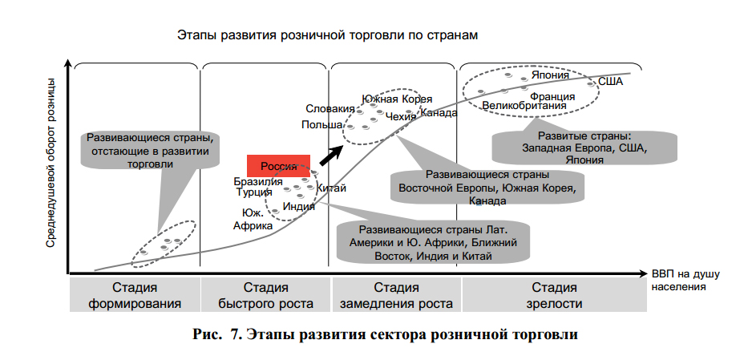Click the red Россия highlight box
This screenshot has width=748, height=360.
[278, 165]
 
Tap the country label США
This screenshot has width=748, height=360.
[610, 82]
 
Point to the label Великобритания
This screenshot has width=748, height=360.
[524, 105]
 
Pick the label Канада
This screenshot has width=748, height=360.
[439, 113]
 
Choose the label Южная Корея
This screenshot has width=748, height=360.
[397, 99]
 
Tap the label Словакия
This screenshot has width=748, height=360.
[330, 108]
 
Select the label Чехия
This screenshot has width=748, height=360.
[401, 116]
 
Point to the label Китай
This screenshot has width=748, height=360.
[332, 188]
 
